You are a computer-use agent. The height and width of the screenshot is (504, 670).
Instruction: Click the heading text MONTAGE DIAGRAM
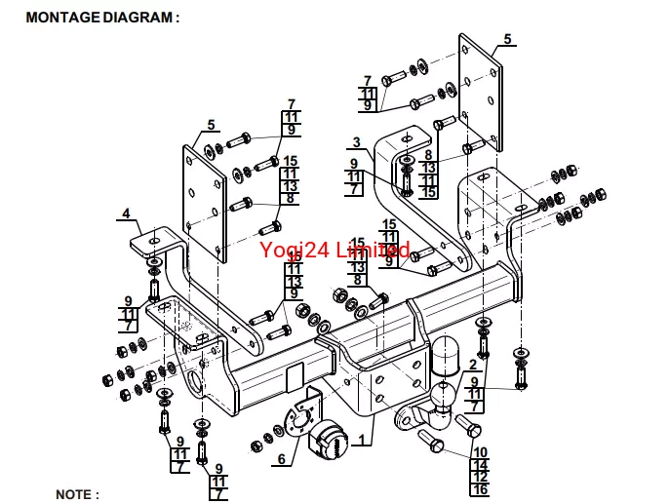(x=102, y=18)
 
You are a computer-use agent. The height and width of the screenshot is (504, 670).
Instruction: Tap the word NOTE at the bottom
(x=77, y=494)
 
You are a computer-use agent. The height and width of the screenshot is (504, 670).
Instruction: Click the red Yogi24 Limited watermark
(x=335, y=251)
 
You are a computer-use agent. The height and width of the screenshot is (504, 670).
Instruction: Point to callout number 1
(x=363, y=441)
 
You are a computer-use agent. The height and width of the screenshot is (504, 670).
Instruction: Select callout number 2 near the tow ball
(x=473, y=365)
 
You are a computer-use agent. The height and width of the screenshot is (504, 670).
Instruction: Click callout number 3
(x=357, y=142)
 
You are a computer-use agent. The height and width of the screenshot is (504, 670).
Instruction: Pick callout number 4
(x=126, y=213)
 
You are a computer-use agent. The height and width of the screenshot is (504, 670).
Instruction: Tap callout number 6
(x=281, y=459)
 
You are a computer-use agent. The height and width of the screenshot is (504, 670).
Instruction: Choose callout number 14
(x=480, y=465)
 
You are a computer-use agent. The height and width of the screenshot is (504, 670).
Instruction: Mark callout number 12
(x=480, y=478)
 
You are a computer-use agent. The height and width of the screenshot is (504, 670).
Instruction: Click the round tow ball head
(x=440, y=396)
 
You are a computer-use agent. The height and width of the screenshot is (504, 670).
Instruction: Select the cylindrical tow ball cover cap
(x=450, y=357)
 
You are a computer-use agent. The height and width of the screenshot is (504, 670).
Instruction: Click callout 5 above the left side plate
(x=210, y=125)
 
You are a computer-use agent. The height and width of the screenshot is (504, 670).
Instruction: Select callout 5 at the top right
(x=507, y=39)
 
